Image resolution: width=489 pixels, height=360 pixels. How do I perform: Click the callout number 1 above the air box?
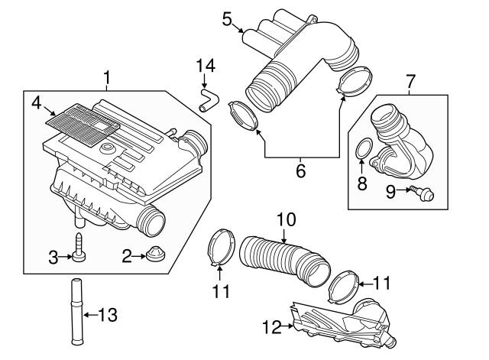tap(107, 77)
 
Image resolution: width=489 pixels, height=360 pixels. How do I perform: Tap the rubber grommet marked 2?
tap(157, 255)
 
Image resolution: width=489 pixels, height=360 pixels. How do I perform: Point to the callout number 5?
tap(227, 18)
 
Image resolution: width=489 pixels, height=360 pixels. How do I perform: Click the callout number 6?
tap(300, 171)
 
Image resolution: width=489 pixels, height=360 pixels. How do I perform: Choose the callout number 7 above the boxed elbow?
tap(410, 79)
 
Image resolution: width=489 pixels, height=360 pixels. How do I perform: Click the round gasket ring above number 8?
tap(365, 149)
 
